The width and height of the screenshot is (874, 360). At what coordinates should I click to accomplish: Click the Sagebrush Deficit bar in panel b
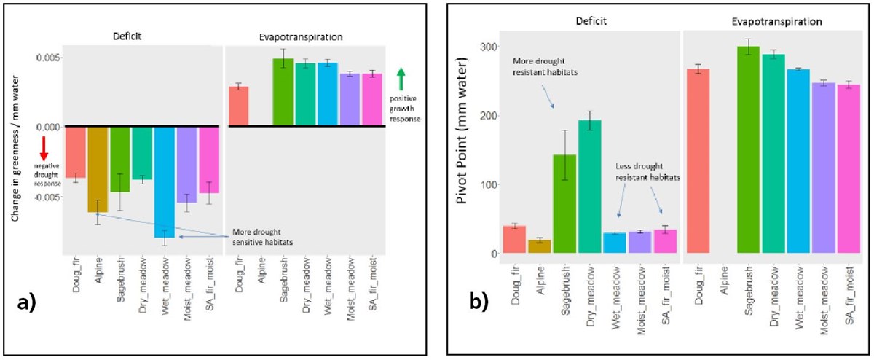[x=564, y=204]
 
